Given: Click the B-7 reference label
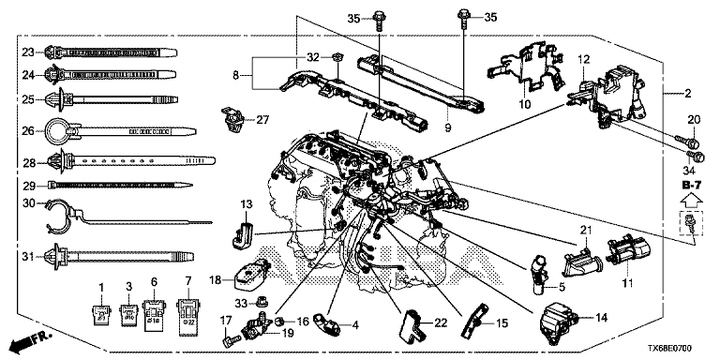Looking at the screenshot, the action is point(691,185).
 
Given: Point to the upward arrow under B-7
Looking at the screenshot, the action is point(691,200).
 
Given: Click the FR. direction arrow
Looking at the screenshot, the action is point(31,342).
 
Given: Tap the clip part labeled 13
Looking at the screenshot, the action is point(243,235).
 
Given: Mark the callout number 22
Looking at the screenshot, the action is point(441,323).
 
